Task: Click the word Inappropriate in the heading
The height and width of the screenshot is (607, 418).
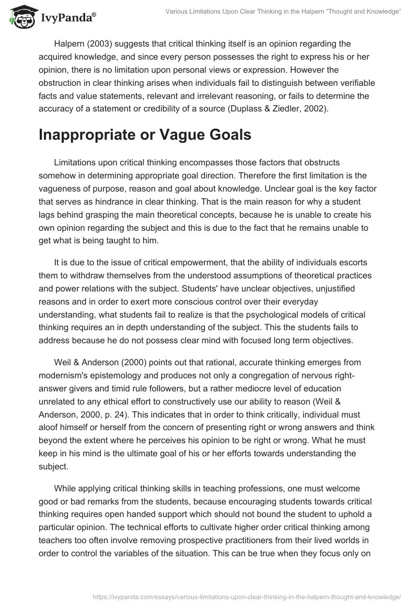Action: click(85, 134)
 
